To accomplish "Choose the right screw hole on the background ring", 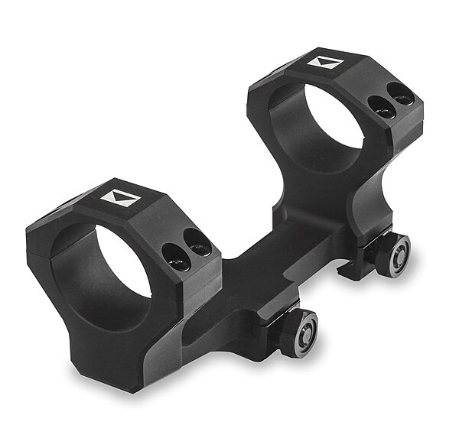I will tap(402, 97).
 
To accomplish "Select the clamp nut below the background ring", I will tap(396, 255).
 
